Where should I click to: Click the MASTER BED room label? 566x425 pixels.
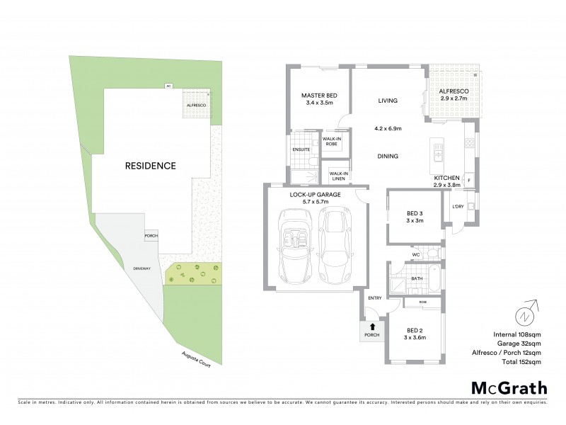318,95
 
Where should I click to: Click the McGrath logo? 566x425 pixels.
509,387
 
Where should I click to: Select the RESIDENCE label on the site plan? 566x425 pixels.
150,166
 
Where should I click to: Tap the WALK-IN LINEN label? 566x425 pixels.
339,176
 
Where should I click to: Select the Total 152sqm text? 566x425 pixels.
521,361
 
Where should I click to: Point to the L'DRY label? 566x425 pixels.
458,207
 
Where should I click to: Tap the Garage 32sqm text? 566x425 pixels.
521,343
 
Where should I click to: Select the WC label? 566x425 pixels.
417,253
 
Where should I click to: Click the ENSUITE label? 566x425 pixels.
300,149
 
